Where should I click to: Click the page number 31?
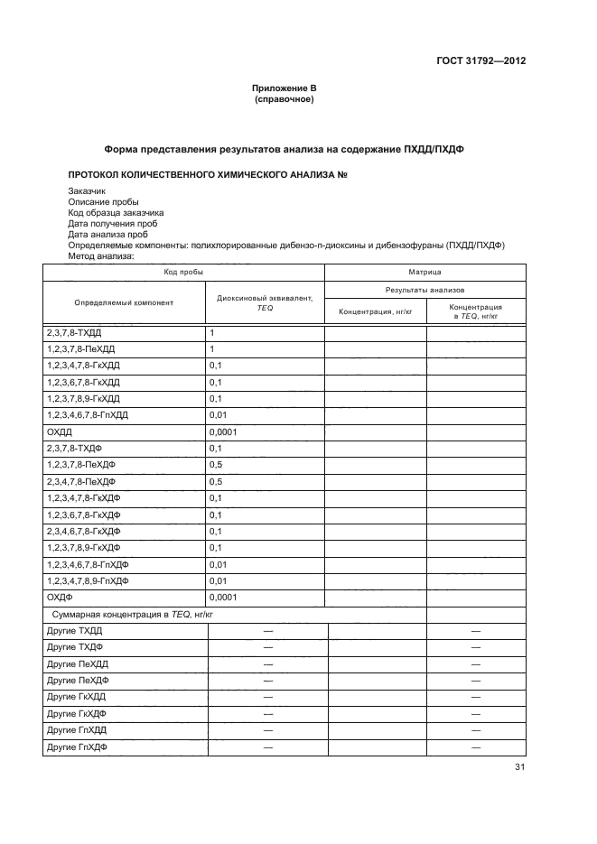coord(519,767)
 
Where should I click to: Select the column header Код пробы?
coord(183,271)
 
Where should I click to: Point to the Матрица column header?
coord(424,271)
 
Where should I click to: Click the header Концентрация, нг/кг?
coord(375,312)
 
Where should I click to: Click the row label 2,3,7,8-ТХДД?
coord(74,333)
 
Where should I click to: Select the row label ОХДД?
coord(59,431)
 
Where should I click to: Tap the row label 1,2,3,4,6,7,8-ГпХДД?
coord(88,415)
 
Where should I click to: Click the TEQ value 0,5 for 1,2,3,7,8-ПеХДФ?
coord(216,465)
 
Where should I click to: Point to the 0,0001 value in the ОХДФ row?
coord(222,597)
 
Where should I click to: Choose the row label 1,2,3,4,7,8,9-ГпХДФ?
coord(88,580)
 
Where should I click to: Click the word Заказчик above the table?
coord(87,191)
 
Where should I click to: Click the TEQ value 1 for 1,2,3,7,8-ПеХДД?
coord(211,349)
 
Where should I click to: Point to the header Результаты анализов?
coord(424,292)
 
